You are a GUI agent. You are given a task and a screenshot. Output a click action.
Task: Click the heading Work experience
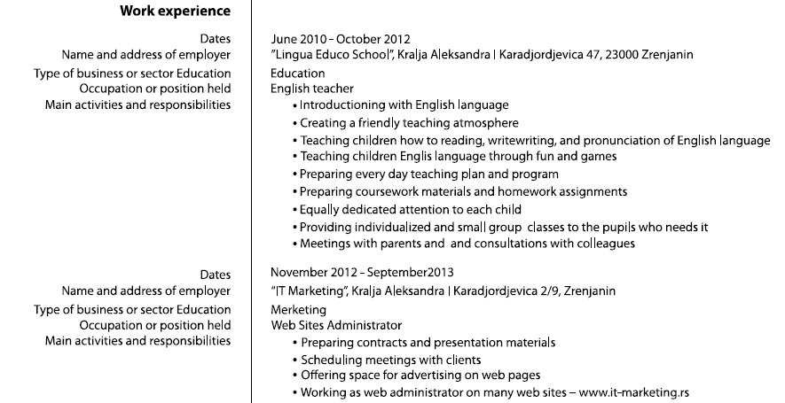[x=175, y=12]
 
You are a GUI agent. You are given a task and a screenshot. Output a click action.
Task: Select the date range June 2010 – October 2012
[x=340, y=39]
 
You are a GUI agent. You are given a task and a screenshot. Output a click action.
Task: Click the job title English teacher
[x=311, y=89]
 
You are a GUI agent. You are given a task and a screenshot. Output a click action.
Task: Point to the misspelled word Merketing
[x=298, y=310]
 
